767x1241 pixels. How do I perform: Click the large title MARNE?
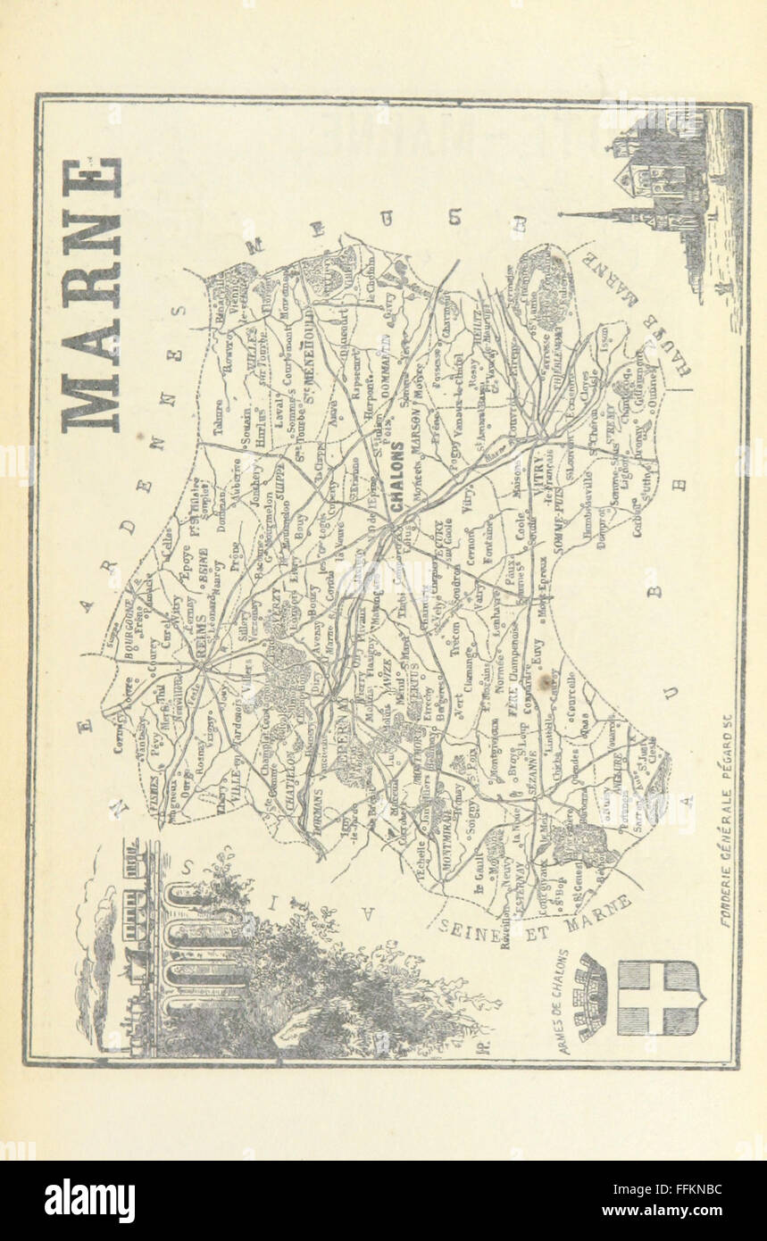tap(92, 295)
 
